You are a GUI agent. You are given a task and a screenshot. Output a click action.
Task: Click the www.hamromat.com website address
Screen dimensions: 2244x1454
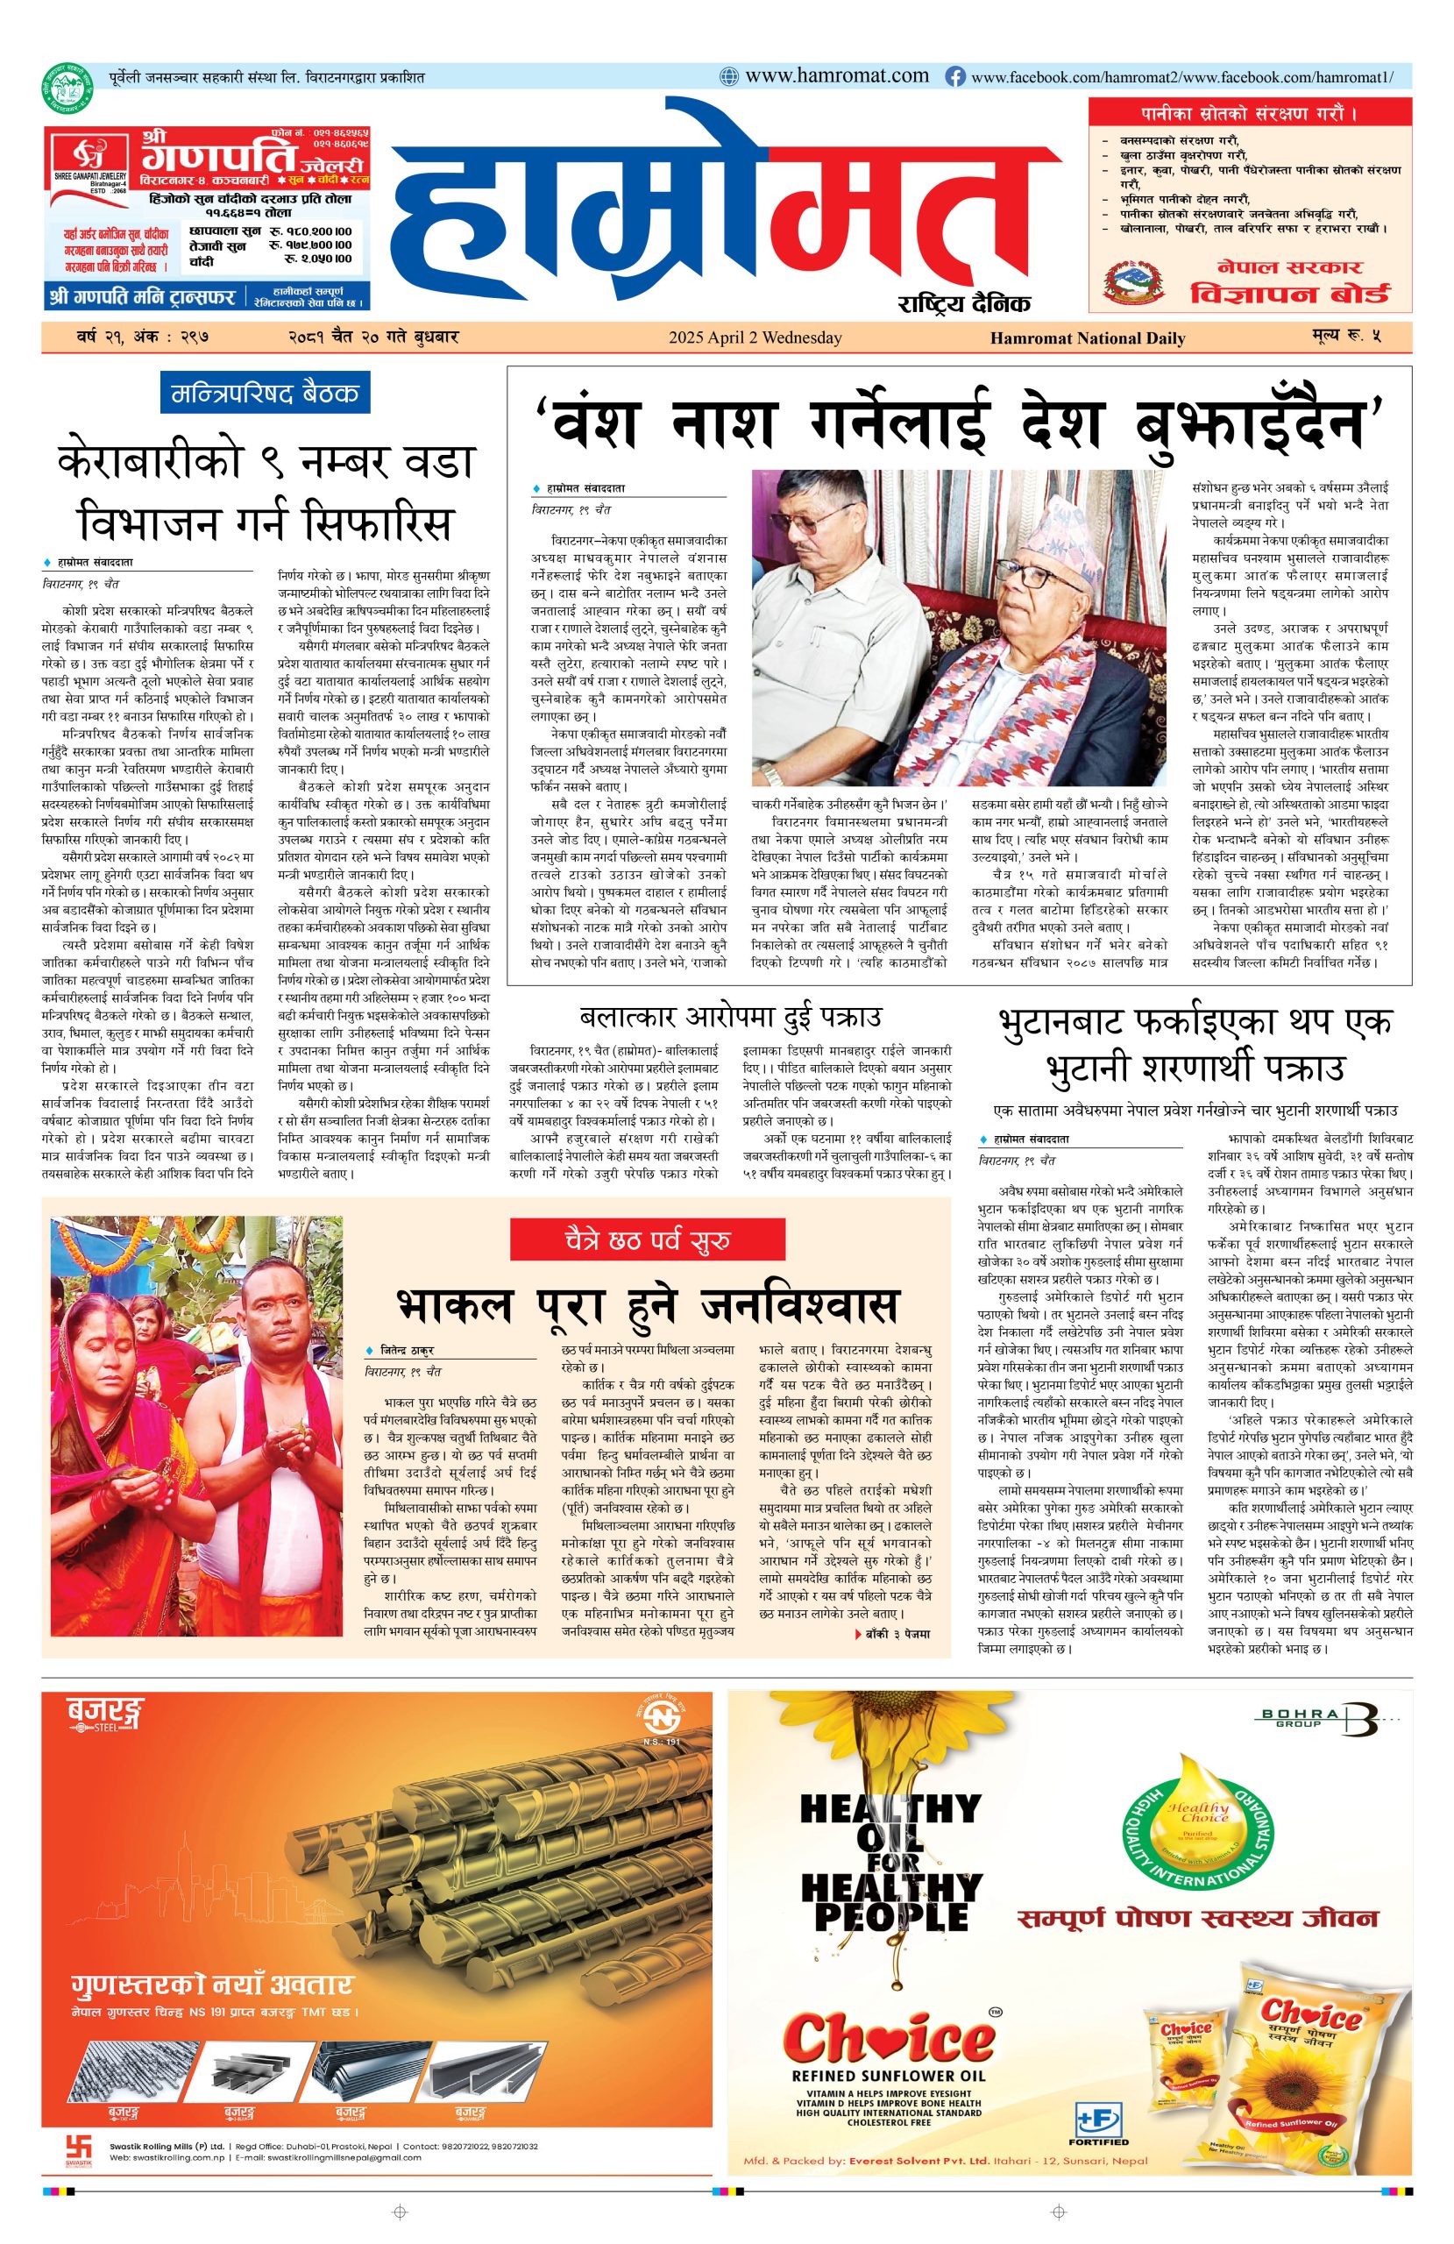tap(835, 76)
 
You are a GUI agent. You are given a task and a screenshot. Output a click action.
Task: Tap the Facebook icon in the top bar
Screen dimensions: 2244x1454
tap(955, 77)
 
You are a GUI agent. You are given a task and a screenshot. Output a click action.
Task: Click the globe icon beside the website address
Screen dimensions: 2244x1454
tap(729, 77)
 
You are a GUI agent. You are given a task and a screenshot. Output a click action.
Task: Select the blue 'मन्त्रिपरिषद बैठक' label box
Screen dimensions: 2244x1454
tap(266, 394)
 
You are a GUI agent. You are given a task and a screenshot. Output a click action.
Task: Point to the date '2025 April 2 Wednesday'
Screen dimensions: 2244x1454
tap(755, 337)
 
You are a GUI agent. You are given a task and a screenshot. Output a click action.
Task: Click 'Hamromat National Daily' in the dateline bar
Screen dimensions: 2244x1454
tap(1087, 337)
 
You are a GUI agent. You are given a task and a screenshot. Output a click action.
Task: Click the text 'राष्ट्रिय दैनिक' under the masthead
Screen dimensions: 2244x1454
tap(964, 302)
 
